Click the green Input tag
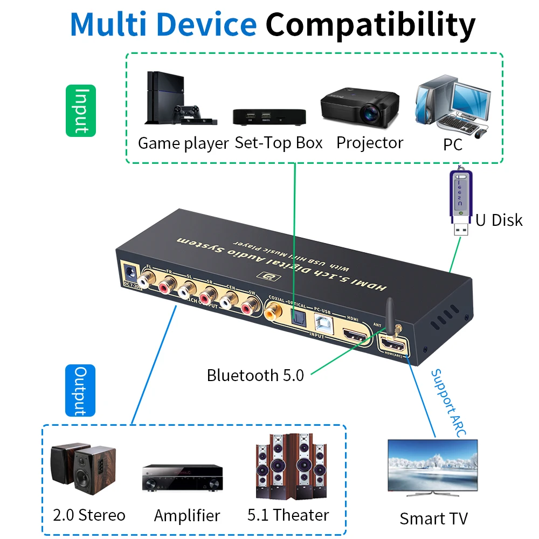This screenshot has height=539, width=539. coord(80,110)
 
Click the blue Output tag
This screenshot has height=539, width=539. coord(80,390)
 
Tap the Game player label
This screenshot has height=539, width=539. coord(183,143)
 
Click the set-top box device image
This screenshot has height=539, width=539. coord(269,116)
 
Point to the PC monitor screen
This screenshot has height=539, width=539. coord(470,97)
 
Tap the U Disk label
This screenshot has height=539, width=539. coord(499,220)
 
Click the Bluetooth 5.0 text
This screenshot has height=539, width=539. coord(255,375)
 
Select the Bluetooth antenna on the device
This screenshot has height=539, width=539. coord(390,315)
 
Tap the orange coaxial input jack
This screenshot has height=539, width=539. coord(273,311)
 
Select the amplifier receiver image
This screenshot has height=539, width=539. coord(183,478)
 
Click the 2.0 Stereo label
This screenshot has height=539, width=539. coord(89,515)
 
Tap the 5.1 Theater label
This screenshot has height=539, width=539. coord(288,515)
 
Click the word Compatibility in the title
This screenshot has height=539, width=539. coord(370,24)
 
